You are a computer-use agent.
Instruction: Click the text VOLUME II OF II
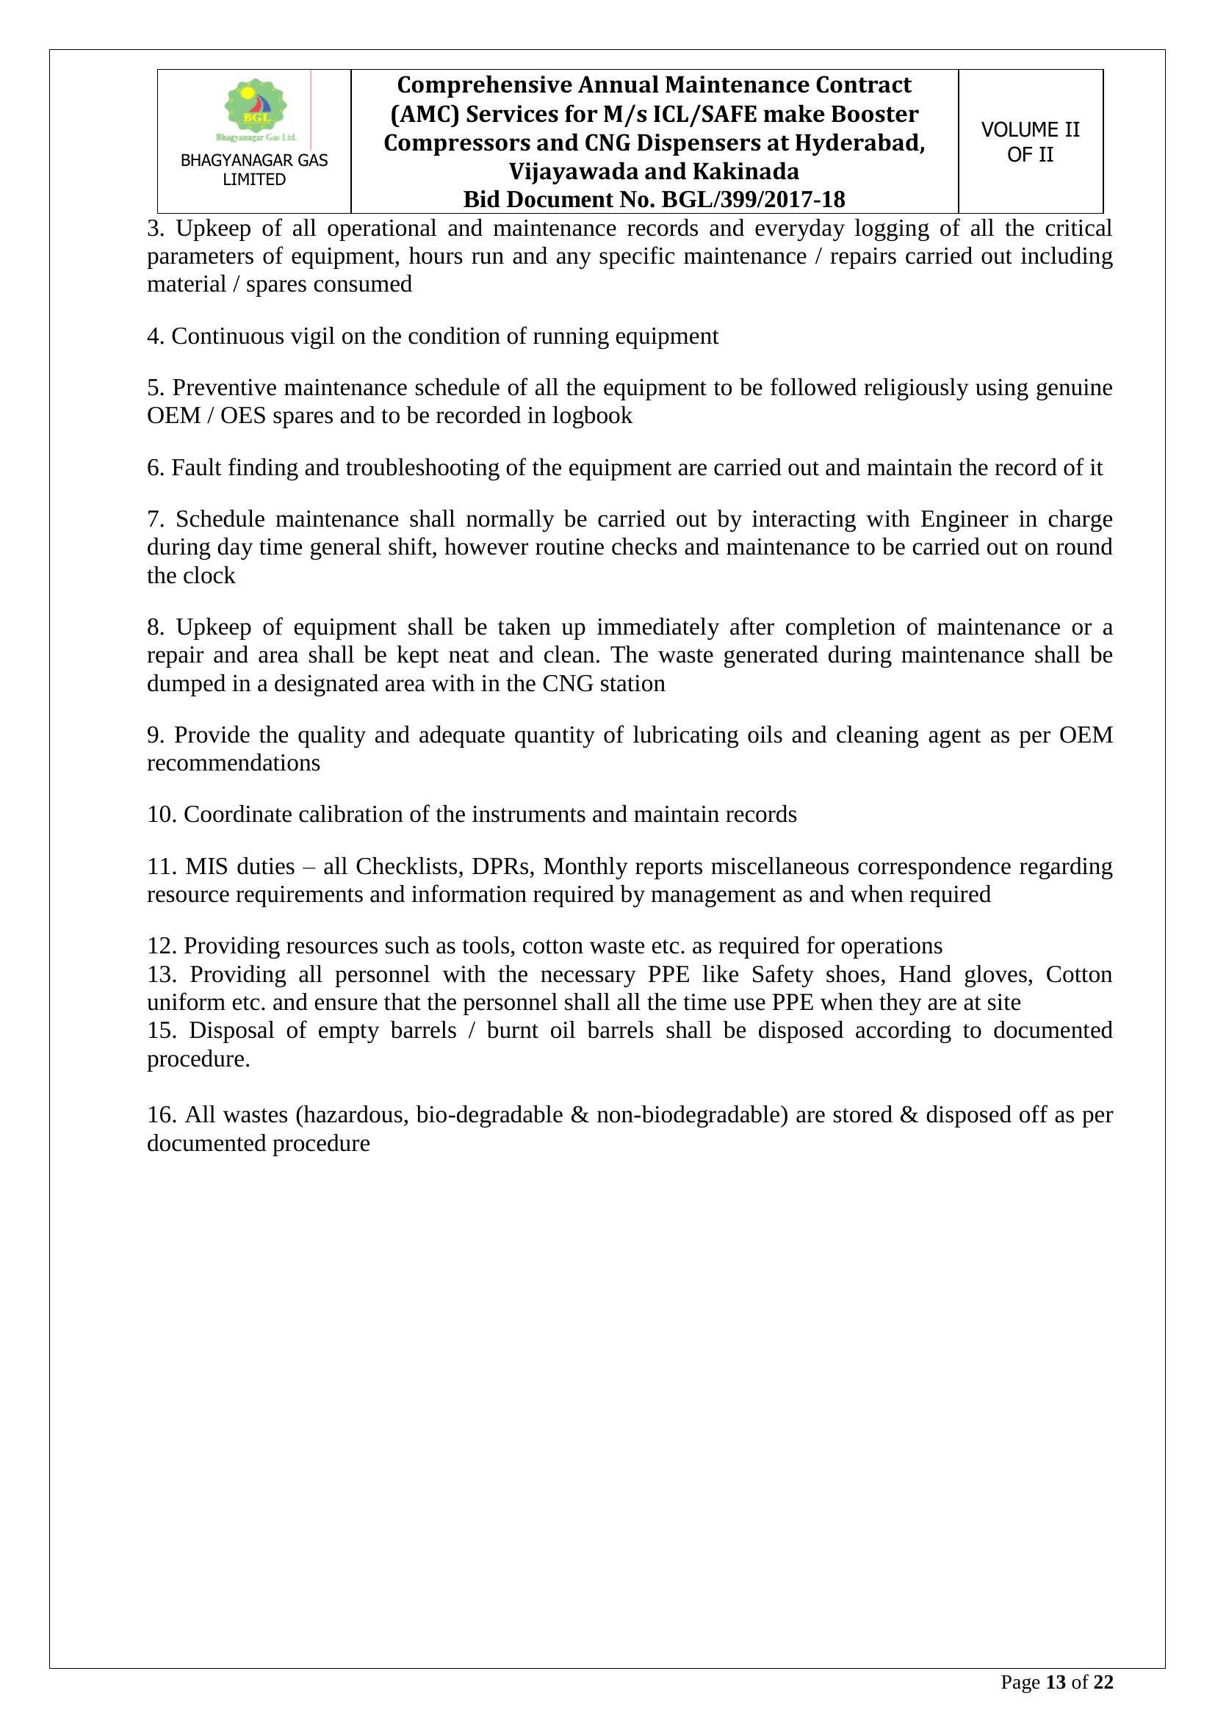(x=1030, y=142)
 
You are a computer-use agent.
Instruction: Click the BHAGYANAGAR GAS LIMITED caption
(x=254, y=170)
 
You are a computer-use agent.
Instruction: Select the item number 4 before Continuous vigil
(x=155, y=336)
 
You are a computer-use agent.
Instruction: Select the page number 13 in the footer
(x=1055, y=1683)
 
